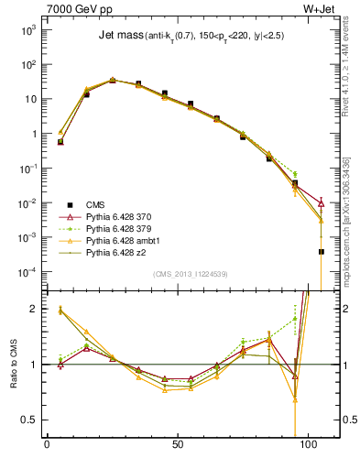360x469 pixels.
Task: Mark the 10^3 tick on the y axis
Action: [28, 29]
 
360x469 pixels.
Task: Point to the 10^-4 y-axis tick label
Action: [27, 272]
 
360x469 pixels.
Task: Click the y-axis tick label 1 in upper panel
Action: [33, 134]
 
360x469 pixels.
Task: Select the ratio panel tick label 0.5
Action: [29, 420]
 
